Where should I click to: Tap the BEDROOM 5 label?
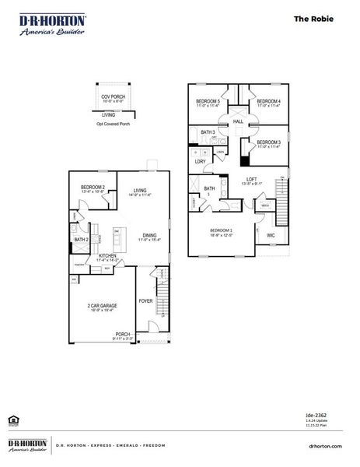[x=207, y=101]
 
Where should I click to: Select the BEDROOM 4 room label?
[x=268, y=101]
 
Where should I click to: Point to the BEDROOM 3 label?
[x=268, y=142]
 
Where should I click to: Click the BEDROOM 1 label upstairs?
[x=221, y=231]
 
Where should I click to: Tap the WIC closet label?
[x=271, y=234]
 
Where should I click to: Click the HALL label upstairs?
[x=238, y=122]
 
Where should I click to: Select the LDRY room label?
[x=200, y=161]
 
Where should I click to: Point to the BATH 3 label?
[x=207, y=133]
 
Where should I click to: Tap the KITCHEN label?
[x=107, y=255]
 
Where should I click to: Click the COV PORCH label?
[x=112, y=96]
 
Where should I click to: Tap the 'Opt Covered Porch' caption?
[x=113, y=123]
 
